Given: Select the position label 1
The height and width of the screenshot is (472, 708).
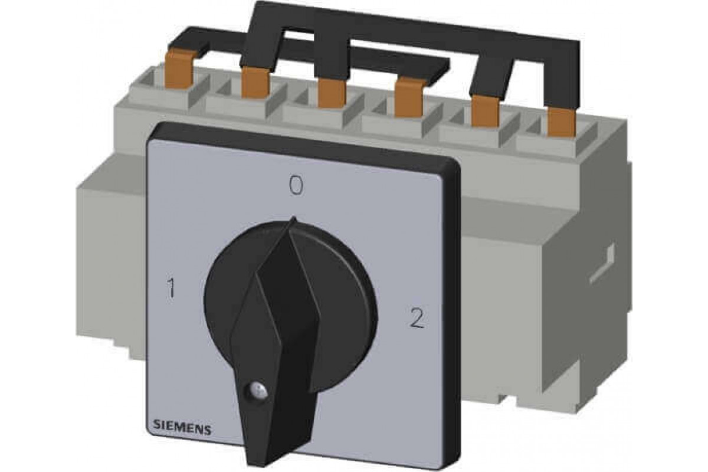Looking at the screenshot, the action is point(171,288).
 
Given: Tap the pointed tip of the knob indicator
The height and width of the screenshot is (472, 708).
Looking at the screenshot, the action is point(294,218).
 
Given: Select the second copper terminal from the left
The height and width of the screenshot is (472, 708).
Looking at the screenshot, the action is point(255,83).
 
